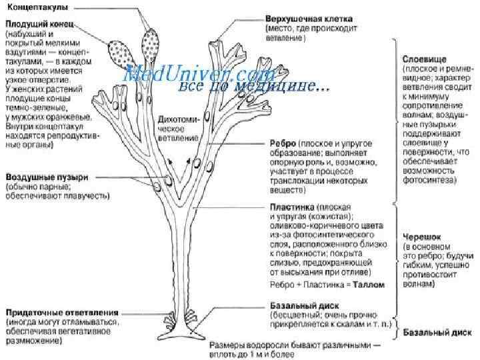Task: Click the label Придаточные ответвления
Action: [63, 311]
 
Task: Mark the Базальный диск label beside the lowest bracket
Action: [434, 331]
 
